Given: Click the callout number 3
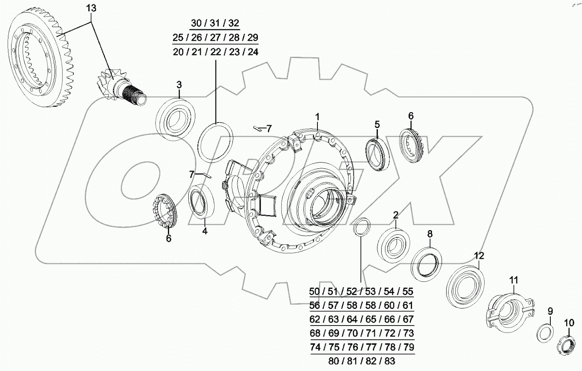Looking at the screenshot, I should (179, 85).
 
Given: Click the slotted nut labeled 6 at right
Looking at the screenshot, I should (412, 146).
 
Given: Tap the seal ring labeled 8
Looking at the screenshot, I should (426, 261).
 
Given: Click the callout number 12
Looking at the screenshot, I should (479, 256).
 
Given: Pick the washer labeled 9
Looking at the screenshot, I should (545, 334).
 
